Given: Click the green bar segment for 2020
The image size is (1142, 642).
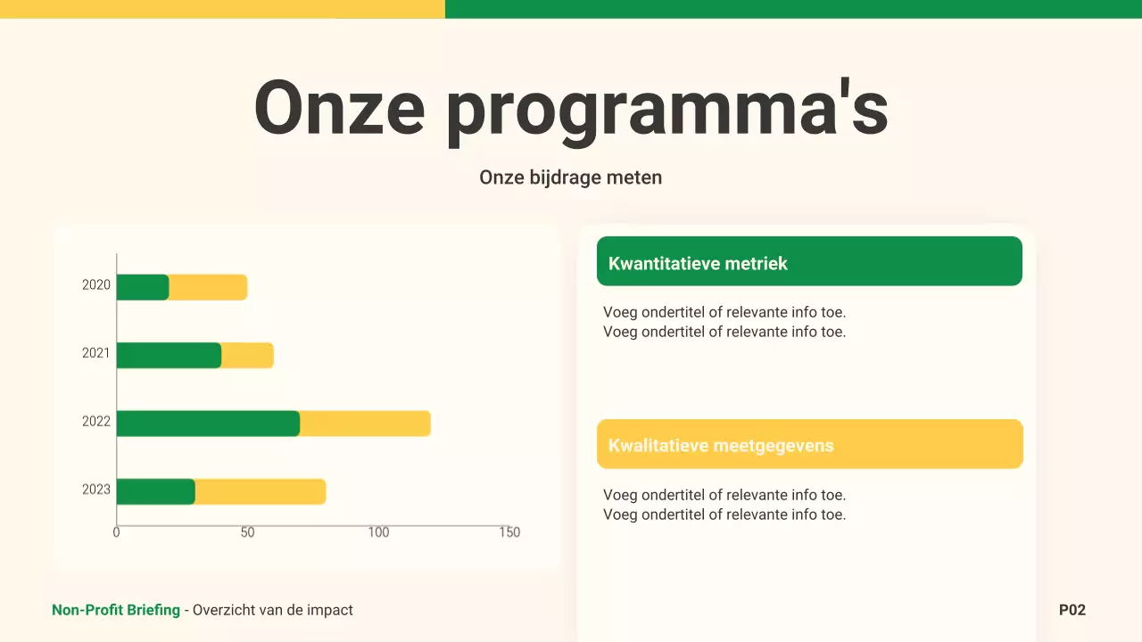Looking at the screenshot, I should point(143,287).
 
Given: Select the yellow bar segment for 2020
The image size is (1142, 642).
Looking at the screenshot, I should point(208,287).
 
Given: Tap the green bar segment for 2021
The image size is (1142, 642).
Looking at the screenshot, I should point(169,355).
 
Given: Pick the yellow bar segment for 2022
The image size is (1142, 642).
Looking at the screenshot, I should point(365,424).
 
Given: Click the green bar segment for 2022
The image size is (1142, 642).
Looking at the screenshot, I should point(208,424).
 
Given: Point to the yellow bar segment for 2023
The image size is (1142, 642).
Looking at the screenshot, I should point(260,491).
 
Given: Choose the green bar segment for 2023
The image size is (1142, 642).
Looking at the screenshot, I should point(155,491).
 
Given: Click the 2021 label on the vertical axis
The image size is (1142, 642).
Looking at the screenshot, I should point(96,353).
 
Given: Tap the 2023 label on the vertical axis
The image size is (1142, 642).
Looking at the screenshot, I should point(96,490).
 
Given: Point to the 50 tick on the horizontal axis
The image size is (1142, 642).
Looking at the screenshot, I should point(247,532).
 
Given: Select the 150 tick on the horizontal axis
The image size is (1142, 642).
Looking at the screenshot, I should point(509,532).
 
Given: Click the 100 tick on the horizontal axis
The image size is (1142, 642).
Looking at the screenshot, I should point(378,532).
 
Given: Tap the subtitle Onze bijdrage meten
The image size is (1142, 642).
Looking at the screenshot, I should point(571,177).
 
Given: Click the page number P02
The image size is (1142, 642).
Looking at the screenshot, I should point(1072,610).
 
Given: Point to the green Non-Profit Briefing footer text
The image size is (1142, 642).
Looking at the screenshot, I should point(116,610).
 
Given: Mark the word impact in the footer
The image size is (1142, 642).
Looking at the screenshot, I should point(330,610).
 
